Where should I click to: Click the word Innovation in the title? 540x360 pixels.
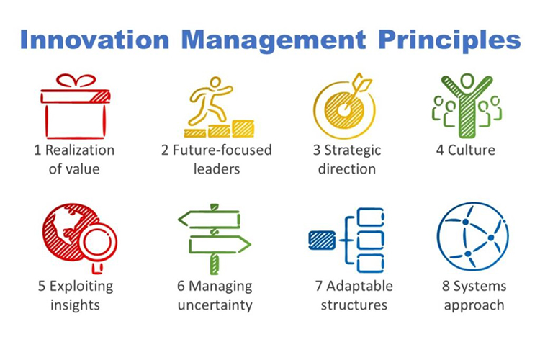tap(95, 40)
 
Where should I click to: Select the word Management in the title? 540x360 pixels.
tap(274, 41)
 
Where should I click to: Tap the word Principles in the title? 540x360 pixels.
tap(449, 41)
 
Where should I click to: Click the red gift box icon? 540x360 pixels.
tap(75, 107)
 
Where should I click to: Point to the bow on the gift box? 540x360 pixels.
tap(76, 81)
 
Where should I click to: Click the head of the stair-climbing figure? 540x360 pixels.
tap(215, 83)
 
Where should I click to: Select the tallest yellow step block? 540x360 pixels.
tap(243, 128)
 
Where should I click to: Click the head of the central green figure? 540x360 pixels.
tap(467, 81)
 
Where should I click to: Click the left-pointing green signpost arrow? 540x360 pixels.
tap(209, 220)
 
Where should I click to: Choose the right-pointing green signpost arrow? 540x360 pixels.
tap(220, 245)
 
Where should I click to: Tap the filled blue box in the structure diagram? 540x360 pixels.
tap(322, 240)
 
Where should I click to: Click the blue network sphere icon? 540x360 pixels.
tap(472, 238)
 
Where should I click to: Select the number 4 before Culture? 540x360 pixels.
tap(440, 150)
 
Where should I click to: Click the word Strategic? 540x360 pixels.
tap(352, 151)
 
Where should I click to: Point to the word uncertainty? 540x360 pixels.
tap(215, 305)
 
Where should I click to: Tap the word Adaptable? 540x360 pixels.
tap(359, 287)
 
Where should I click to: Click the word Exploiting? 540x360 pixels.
tap(81, 287)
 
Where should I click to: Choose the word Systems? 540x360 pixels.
tap(480, 287)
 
